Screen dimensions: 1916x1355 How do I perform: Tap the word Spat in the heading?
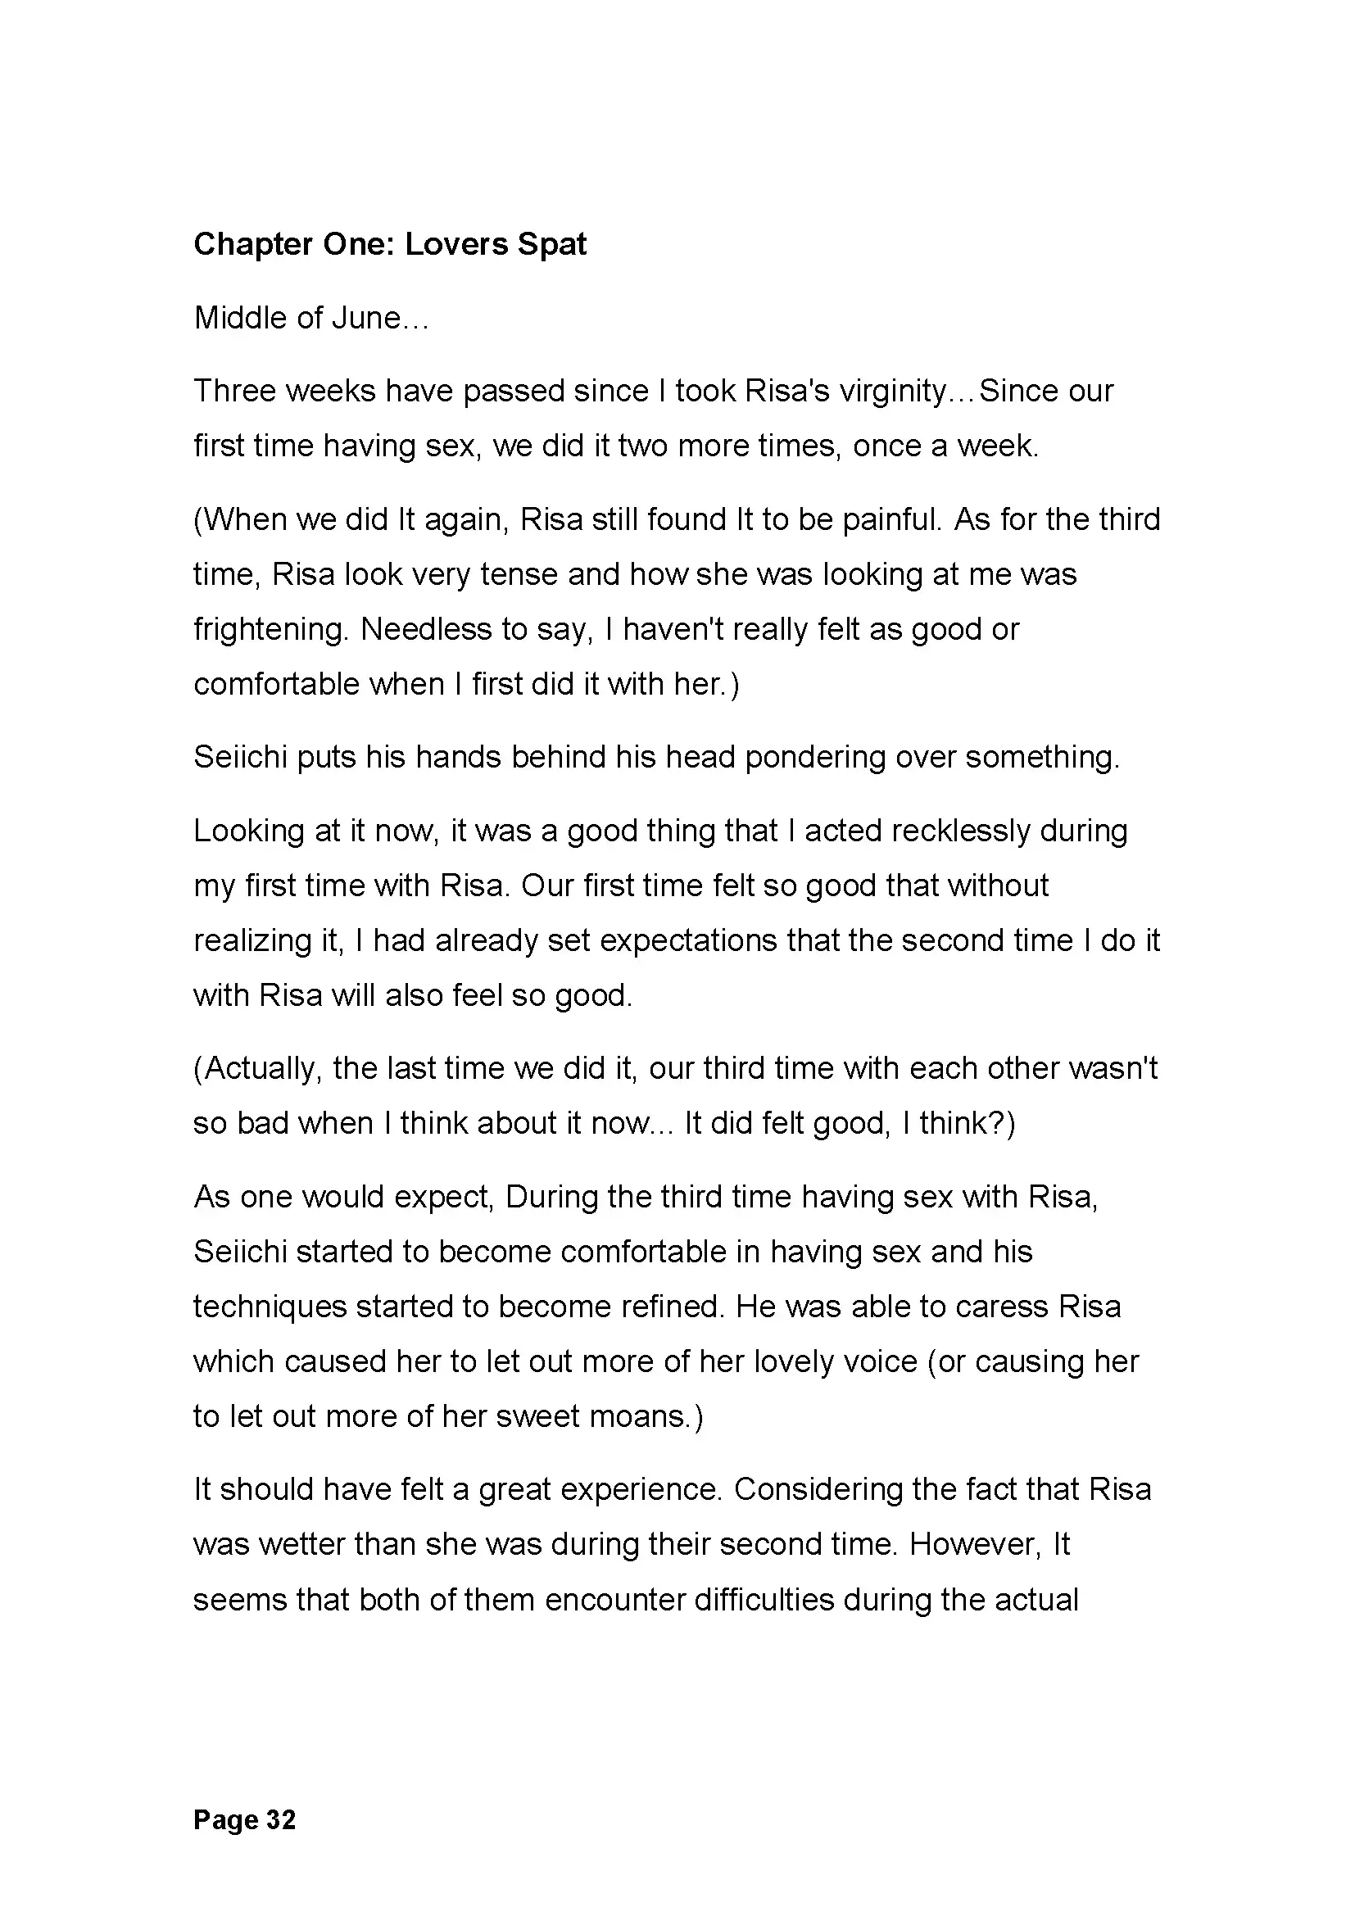(x=551, y=244)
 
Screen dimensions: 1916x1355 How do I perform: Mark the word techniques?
(x=270, y=1307)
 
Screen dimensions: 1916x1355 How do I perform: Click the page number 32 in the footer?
(x=281, y=1820)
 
